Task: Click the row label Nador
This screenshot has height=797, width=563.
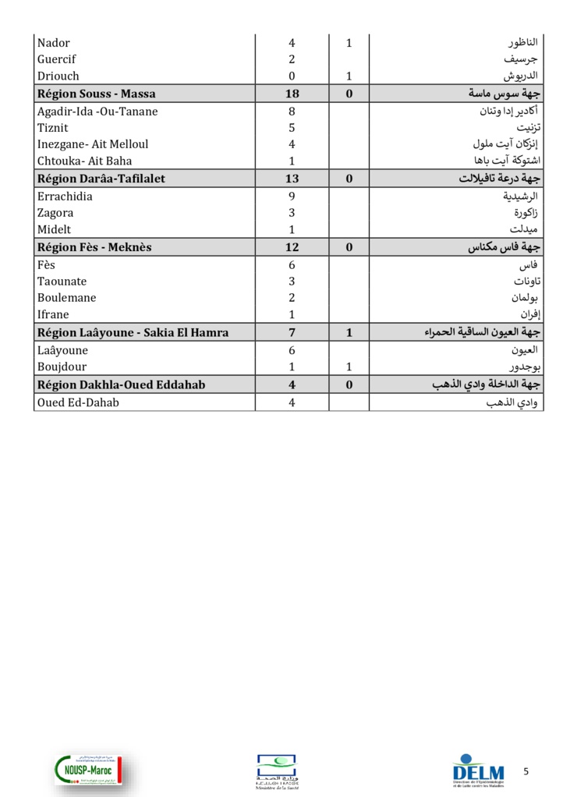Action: click(54, 43)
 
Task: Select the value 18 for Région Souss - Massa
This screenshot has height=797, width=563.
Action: click(292, 94)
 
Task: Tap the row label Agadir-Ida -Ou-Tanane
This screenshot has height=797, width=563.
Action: click(97, 112)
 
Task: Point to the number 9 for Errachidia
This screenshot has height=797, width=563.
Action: click(292, 197)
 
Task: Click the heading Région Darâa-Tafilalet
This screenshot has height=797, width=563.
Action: click(101, 179)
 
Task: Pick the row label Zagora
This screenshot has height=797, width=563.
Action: click(55, 213)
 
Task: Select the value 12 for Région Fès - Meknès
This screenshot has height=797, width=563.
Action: click(292, 247)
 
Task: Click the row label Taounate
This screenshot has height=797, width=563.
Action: click(62, 282)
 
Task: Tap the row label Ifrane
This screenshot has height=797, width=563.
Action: click(53, 315)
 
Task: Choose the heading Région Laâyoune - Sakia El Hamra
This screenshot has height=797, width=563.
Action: click(133, 333)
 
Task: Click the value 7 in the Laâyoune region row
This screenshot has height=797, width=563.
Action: click(292, 333)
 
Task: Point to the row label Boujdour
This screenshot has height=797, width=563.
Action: click(62, 367)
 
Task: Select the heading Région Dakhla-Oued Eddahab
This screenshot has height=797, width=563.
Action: click(122, 384)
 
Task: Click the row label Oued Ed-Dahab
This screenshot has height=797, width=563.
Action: click(78, 402)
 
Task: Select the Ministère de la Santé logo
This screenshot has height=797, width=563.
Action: click(277, 772)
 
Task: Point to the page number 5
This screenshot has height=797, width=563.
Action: click(526, 771)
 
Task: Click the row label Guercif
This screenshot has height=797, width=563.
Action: click(57, 59)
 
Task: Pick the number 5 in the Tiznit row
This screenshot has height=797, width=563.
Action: click(292, 128)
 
